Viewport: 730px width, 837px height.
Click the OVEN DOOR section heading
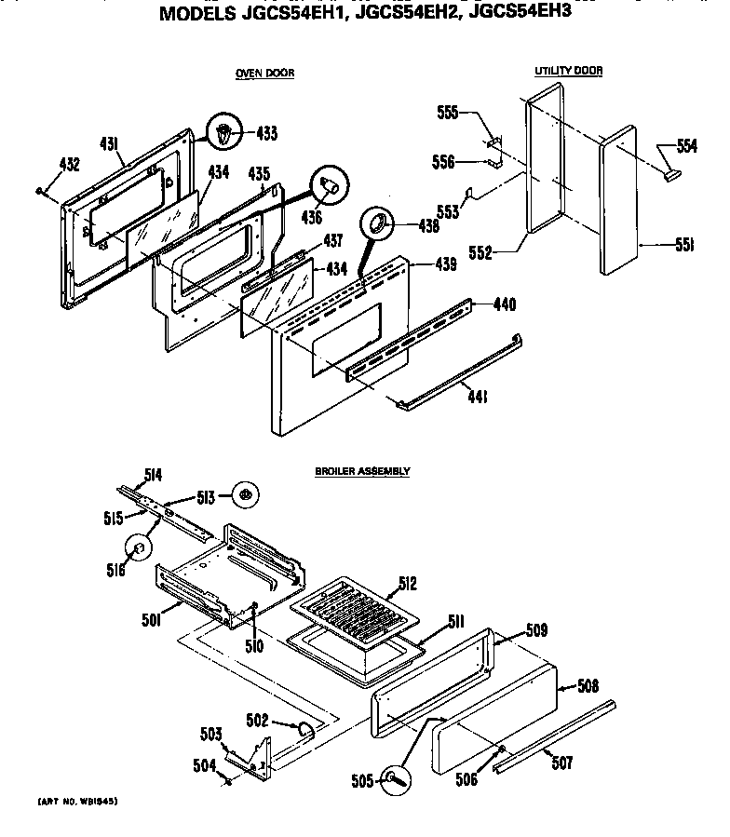(x=264, y=73)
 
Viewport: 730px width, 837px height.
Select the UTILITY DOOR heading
(x=568, y=71)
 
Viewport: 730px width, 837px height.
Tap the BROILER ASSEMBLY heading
(x=362, y=472)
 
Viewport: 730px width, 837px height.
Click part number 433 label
(x=266, y=134)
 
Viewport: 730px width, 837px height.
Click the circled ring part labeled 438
(x=379, y=223)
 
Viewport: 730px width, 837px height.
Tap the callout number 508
(x=588, y=687)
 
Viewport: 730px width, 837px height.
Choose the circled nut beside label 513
(x=246, y=495)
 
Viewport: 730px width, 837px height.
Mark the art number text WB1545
(x=78, y=801)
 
